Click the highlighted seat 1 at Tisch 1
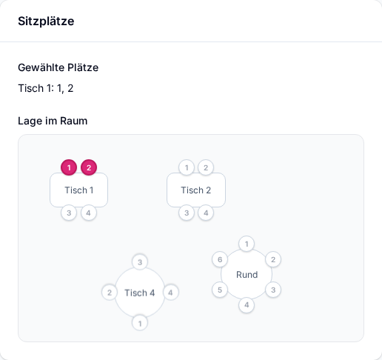tap(69, 167)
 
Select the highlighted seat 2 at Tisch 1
tap(89, 167)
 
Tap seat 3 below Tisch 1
tap(69, 213)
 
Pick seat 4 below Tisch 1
tap(88, 213)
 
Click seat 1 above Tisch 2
tap(187, 167)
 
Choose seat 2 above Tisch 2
tap(206, 167)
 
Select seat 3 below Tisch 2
tap(187, 213)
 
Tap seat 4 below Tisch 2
tap(206, 213)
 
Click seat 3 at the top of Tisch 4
tap(140, 262)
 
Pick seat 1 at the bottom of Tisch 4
tap(140, 323)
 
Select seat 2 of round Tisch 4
tap(110, 293)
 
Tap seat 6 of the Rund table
tap(220, 259)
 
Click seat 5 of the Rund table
tap(220, 290)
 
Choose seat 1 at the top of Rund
tap(247, 244)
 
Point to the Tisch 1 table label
tap(79, 190)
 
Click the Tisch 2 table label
tap(196, 190)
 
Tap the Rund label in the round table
tap(247, 275)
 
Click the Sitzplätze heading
tap(46, 21)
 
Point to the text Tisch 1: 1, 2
tap(46, 88)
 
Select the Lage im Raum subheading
tap(53, 121)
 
